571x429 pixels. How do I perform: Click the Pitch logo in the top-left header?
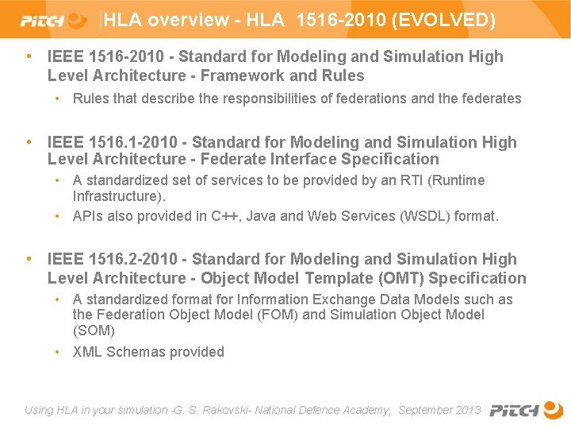point(52,20)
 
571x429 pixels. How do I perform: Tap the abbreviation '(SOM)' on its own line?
point(94,330)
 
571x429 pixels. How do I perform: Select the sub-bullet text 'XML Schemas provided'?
point(148,352)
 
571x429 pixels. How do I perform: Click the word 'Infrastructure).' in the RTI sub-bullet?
point(119,195)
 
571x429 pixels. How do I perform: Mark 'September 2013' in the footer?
point(439,410)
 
